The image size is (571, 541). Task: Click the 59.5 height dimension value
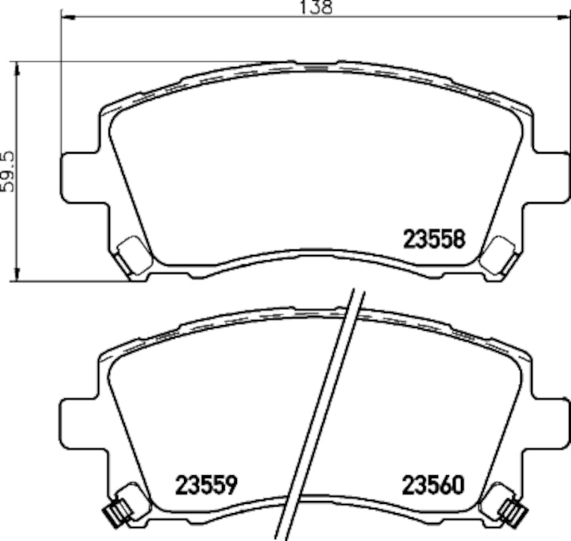[x=8, y=171]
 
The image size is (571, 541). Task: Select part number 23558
[x=435, y=239]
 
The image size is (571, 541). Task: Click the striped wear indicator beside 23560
[x=512, y=511]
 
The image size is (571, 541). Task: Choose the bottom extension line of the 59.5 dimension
[x=71, y=281]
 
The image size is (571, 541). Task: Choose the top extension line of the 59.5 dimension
[x=143, y=62]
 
